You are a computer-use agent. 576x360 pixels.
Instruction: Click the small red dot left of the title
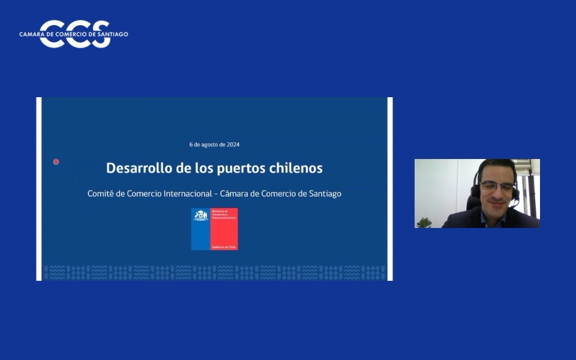[56, 161]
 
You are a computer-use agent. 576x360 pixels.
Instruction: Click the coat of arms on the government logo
[200, 215]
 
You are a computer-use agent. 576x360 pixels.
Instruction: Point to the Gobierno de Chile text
[224, 247]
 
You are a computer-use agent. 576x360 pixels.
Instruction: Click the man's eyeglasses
[496, 187]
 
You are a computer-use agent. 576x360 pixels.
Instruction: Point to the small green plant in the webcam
[424, 223]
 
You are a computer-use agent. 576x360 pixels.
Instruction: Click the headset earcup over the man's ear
[476, 190]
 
